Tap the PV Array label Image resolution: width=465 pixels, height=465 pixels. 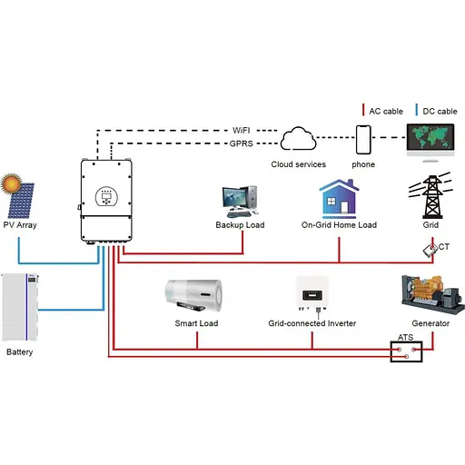click(x=20, y=224)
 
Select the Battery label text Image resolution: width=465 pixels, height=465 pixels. click(x=19, y=351)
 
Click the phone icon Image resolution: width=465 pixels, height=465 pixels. click(x=365, y=140)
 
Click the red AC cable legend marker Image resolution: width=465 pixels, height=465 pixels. click(x=363, y=111)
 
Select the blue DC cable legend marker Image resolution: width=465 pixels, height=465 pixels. click(x=417, y=111)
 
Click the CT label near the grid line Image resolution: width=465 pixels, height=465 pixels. click(x=441, y=247)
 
